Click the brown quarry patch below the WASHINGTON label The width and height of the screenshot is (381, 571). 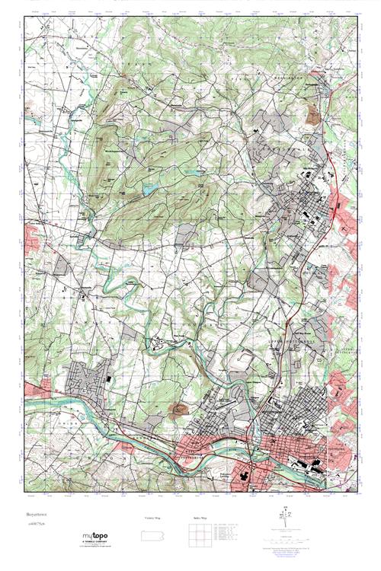tap(312, 115)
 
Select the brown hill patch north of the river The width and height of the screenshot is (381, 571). tap(181, 410)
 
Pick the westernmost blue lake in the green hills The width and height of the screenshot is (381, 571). tap(149, 186)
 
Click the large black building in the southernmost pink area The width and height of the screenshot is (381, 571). tap(247, 474)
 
